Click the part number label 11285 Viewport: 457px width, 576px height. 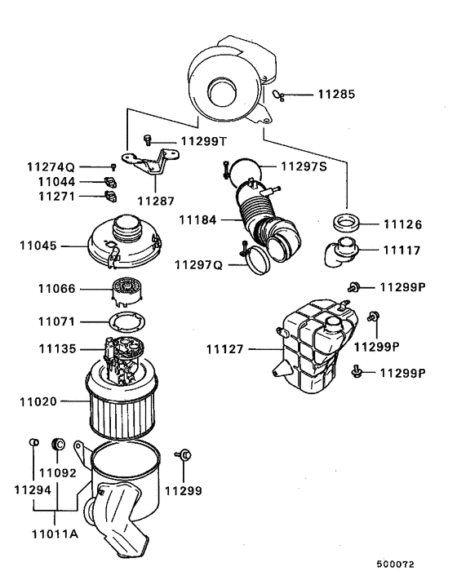[x=335, y=95]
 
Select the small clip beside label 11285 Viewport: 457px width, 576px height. [x=279, y=95]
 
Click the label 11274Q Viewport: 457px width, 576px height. [x=51, y=166]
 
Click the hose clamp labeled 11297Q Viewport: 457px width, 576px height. [x=257, y=263]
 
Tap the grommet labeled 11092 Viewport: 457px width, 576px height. [x=58, y=444]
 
